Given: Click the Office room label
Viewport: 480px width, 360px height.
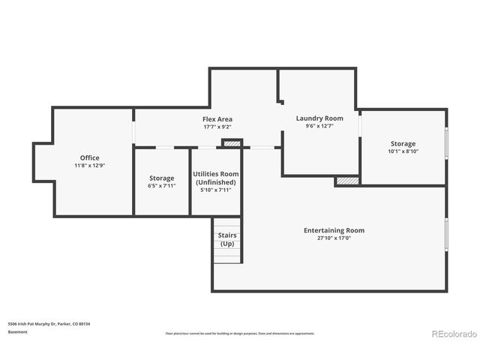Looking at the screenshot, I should pos(90,157).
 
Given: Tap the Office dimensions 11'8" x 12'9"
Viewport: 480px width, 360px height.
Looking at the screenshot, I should pos(90,165).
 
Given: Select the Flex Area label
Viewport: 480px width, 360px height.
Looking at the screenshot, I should pos(217,119).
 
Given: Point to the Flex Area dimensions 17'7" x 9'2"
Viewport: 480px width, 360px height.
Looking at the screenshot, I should pos(217,127).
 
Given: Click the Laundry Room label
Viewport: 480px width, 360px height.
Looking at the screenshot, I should pos(319,118).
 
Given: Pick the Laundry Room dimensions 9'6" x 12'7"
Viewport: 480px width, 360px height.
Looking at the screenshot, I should pos(319,126).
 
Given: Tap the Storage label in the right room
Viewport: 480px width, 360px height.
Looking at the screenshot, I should pos(403,143).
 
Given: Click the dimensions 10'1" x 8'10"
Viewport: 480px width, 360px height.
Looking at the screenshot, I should pos(403,151).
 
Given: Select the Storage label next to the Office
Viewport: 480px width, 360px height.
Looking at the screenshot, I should pos(162,178).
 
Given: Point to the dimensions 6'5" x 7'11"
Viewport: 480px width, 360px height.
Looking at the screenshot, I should pos(162,186).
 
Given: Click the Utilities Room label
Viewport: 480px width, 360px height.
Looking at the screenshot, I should pos(216,174).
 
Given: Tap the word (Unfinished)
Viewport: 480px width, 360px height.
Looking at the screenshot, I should pos(216,182).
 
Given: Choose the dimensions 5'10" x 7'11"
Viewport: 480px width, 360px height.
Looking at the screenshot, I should pos(216,190).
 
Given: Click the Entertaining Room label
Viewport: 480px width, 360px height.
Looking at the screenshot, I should pos(334,229).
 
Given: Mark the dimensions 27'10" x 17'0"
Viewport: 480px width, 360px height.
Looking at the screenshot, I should pos(334,238).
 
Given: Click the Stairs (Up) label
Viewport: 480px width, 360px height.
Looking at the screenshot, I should pos(226,239).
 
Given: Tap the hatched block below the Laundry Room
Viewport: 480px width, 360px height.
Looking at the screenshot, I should pos(346,181).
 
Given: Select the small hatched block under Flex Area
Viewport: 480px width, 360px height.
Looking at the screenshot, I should pos(232,142).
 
